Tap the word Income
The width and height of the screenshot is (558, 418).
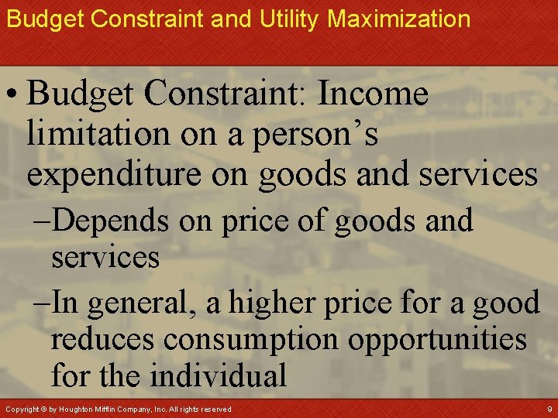(373, 95)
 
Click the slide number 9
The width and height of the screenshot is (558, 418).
(549, 408)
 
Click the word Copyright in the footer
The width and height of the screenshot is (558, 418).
(20, 409)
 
